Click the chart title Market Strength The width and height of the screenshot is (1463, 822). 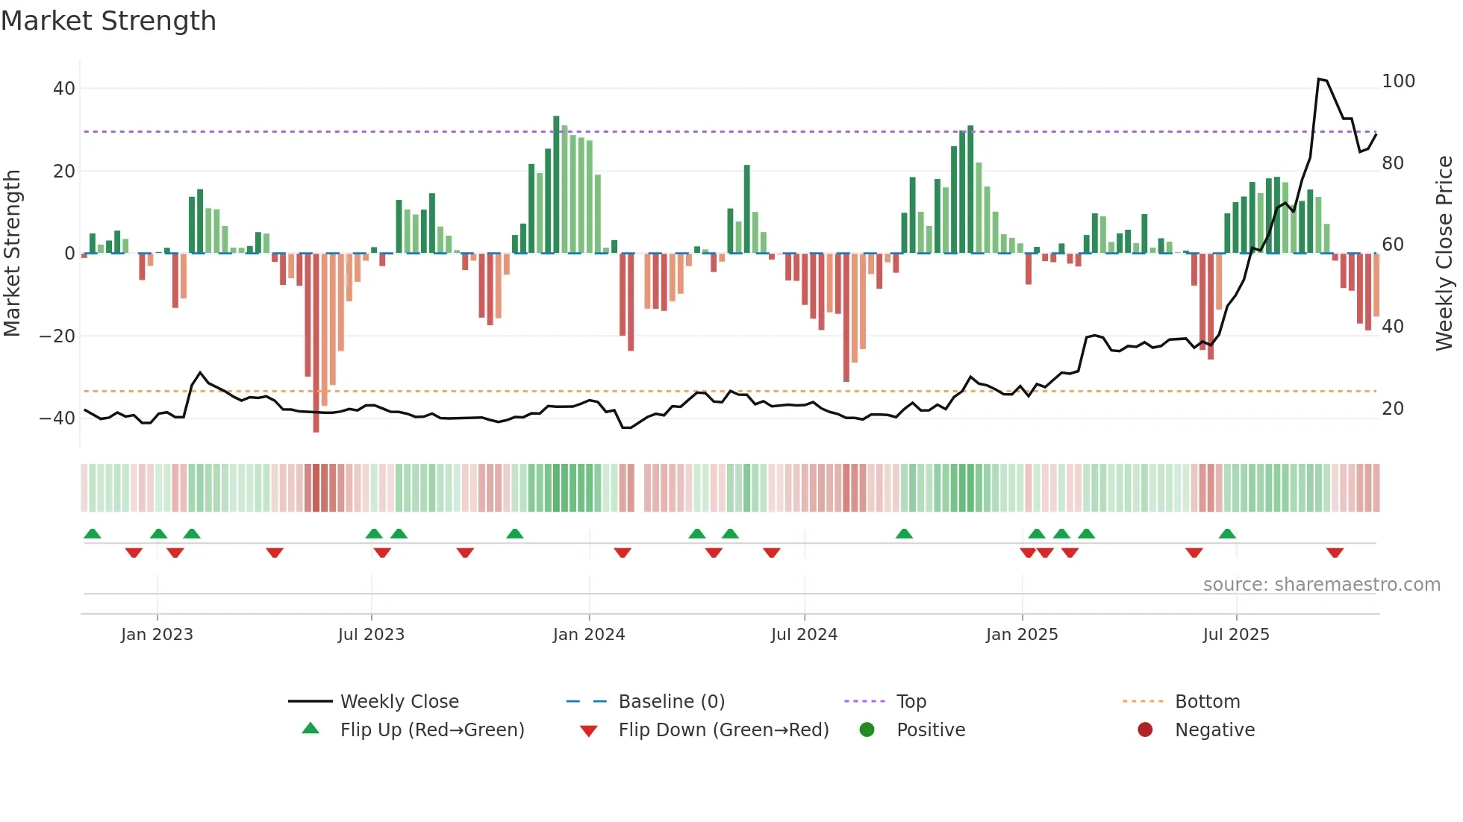click(x=108, y=21)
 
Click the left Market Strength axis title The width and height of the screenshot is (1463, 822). click(x=12, y=253)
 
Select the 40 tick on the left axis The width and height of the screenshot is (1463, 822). click(x=64, y=89)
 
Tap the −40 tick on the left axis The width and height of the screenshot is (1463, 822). click(x=57, y=418)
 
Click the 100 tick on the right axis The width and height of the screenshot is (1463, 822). click(x=1398, y=81)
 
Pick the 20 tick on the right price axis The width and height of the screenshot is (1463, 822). click(x=1393, y=409)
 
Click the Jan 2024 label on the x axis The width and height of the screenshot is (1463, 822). click(x=589, y=635)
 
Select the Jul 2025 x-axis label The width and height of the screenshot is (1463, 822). click(x=1236, y=635)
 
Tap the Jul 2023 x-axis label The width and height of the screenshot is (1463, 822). click(x=371, y=635)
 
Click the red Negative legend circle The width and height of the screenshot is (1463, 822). click(x=1145, y=730)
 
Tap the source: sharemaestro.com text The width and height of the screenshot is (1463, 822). click(x=1321, y=585)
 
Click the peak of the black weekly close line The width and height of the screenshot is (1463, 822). click(x=1319, y=78)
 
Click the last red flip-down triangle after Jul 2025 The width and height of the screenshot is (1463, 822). click(x=1335, y=553)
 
